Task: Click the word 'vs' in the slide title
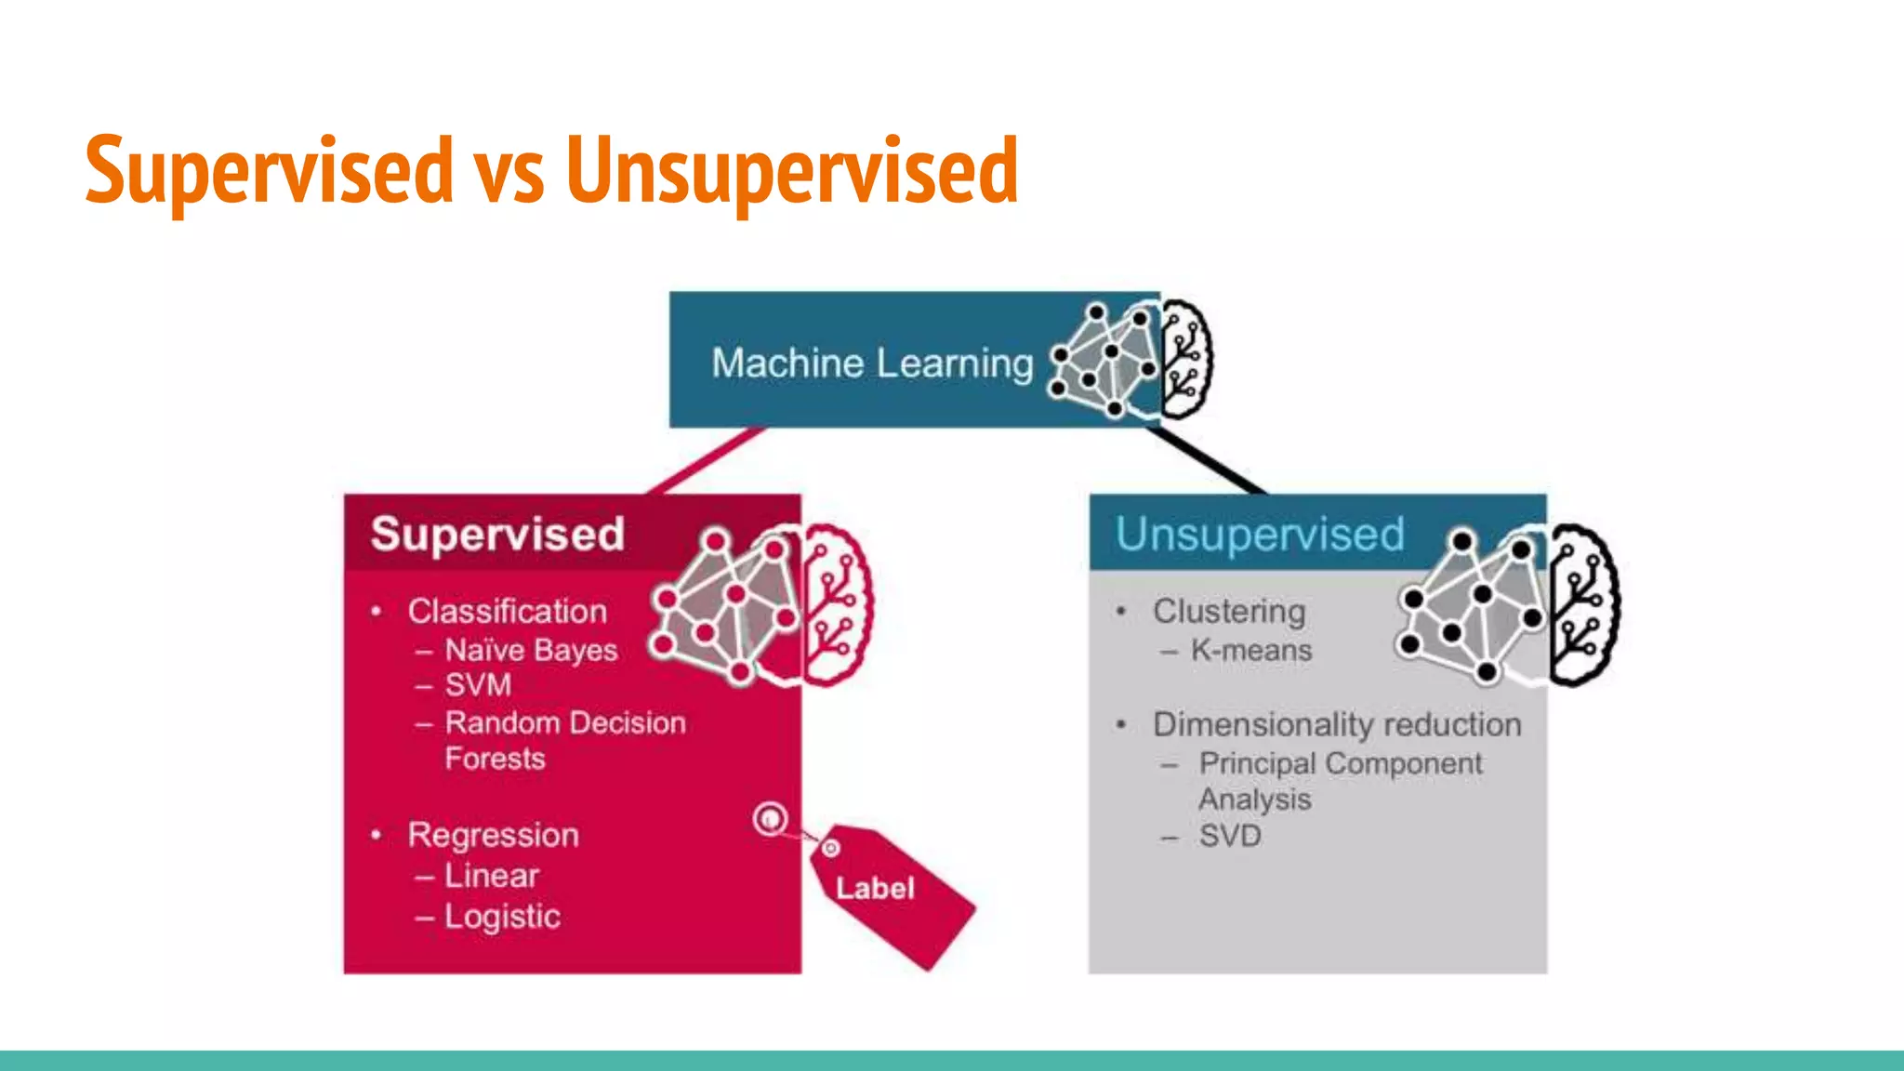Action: pos(509,172)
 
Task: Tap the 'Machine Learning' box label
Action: pos(872,363)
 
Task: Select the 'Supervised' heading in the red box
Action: pos(497,534)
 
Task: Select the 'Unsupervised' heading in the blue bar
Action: pos(1260,534)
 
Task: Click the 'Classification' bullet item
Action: pos(507,611)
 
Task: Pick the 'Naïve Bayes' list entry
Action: pos(531,650)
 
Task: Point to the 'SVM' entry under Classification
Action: pos(478,685)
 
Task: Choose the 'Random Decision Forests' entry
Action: pos(564,740)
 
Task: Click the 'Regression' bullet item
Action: pos(493,835)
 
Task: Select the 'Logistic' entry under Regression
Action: pos(502,917)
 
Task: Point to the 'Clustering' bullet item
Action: pos(1229,611)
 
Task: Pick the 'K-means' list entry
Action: pos(1251,650)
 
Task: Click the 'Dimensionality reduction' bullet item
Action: pos(1337,724)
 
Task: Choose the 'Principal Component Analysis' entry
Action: pos(1339,781)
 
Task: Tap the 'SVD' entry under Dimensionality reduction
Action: pos(1230,836)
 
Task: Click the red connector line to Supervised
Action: pos(707,461)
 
